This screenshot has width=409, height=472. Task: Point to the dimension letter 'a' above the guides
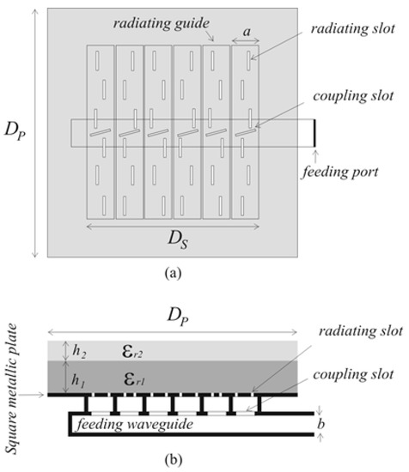pos(247,31)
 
